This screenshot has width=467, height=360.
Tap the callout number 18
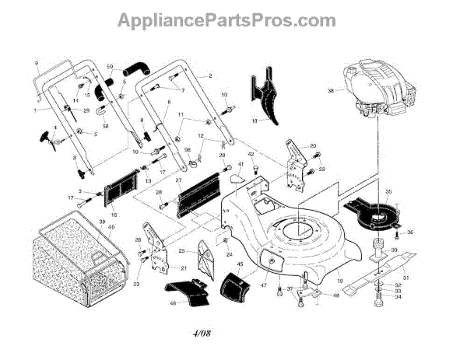coord(253,121)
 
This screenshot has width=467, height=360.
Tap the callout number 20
coord(313,145)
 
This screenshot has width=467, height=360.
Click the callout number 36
coord(410,232)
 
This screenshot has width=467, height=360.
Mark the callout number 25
coord(181,252)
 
